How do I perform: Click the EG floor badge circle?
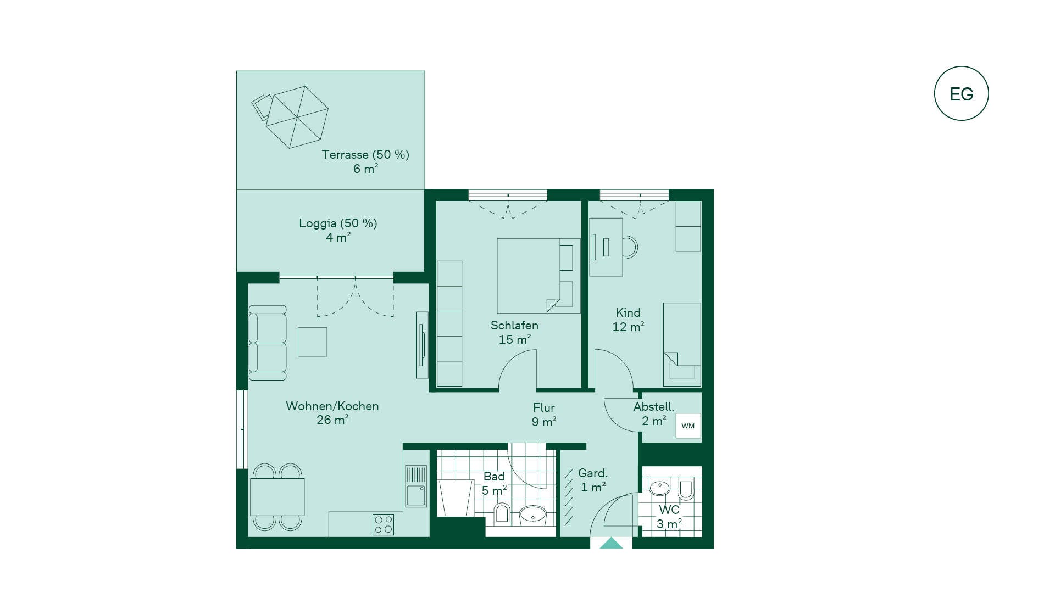[961, 66]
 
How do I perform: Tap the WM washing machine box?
[688, 426]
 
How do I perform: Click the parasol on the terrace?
[297, 117]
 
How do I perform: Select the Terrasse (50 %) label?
[365, 155]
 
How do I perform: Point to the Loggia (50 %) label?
[338, 223]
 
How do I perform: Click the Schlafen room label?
[514, 325]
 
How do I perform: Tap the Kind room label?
[628, 312]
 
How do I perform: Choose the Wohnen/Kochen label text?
[332, 406]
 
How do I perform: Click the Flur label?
[544, 408]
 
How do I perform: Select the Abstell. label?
[653, 407]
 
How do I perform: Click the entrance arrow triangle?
[611, 543]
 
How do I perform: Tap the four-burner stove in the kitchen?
[383, 524]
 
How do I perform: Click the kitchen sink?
[416, 486]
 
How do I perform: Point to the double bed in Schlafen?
[538, 276]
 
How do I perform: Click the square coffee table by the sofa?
[313, 342]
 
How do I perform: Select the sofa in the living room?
[268, 343]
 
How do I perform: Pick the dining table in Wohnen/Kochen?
[277, 497]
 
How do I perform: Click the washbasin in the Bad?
[532, 515]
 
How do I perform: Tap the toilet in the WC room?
[686, 489]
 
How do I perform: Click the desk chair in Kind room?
[630, 247]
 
